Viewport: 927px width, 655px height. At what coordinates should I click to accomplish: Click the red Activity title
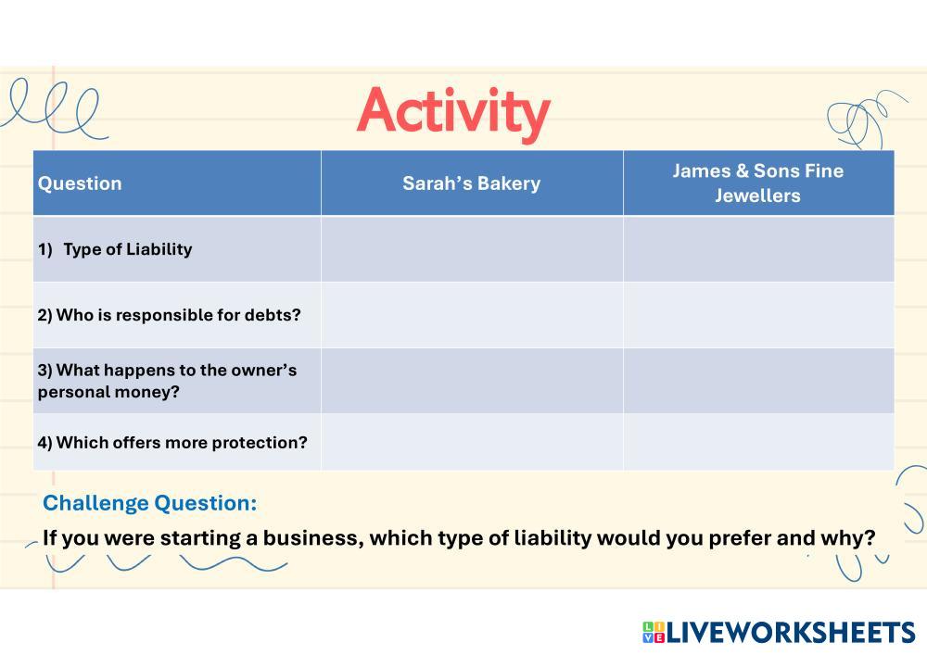point(453,112)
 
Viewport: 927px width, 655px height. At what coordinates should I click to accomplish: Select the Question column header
point(80,183)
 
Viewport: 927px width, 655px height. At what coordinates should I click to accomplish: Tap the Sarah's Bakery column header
point(471,183)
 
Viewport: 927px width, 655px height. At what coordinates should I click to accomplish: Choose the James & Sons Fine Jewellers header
point(758,183)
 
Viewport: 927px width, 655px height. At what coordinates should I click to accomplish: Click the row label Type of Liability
point(115,249)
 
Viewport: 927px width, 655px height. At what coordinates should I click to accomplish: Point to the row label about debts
point(169,315)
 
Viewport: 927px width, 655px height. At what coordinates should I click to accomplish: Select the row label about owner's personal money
point(167,381)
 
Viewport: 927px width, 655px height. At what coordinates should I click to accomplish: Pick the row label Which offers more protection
point(172,442)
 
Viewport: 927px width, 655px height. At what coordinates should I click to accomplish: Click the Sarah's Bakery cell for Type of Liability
point(472,249)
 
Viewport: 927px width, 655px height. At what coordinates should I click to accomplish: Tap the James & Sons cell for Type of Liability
point(758,249)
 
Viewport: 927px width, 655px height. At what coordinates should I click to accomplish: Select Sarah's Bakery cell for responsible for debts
point(472,315)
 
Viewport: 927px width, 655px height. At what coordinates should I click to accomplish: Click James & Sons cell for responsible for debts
point(758,315)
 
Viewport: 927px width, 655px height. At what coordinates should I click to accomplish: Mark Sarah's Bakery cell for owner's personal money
point(472,381)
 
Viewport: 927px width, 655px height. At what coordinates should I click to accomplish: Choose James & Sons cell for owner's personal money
point(758,381)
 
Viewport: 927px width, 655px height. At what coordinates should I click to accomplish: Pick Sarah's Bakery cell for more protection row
point(472,442)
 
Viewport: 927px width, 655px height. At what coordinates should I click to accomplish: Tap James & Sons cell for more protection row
point(758,442)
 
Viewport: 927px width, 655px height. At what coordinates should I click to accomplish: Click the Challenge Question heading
point(150,503)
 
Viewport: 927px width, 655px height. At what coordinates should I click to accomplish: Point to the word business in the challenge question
point(313,538)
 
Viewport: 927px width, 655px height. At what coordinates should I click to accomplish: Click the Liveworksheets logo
point(779,632)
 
